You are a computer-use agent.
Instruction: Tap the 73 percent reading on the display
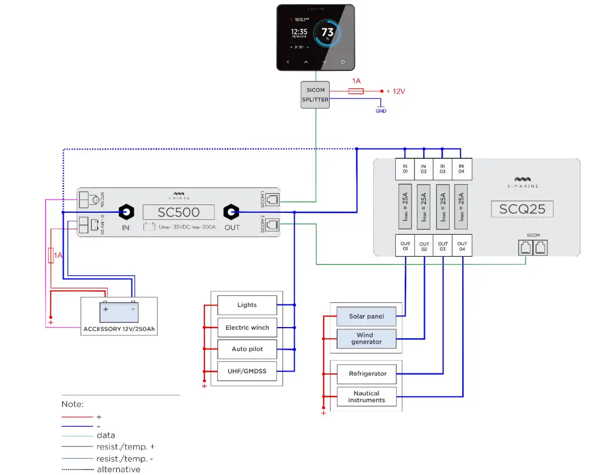(328, 32)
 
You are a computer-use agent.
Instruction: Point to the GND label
(381, 111)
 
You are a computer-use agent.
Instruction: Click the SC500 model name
(179, 212)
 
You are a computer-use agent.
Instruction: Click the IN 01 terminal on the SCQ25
(405, 169)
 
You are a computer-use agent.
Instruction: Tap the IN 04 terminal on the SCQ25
(461, 169)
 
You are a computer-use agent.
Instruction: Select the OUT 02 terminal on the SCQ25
(424, 247)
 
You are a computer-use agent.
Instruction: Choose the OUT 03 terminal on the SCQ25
(442, 247)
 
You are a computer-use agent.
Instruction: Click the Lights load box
(247, 305)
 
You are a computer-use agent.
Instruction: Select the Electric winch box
(247, 328)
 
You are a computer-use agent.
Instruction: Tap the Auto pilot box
(247, 349)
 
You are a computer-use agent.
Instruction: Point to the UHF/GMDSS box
(247, 372)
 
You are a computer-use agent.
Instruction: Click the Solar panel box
(366, 317)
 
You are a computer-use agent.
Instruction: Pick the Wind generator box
(366, 338)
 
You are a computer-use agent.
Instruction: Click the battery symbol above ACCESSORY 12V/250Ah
(119, 312)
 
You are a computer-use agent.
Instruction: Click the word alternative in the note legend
(118, 470)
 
